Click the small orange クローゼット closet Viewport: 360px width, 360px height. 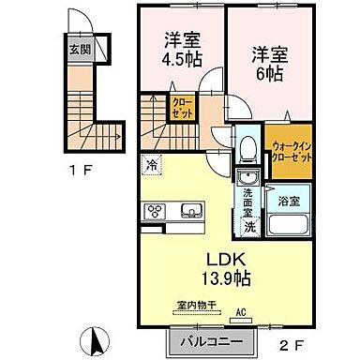182,108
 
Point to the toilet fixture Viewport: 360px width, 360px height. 247,147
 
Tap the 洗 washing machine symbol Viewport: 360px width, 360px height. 248,226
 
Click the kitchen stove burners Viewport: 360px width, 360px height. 155,211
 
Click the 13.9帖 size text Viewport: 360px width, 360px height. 224,278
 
